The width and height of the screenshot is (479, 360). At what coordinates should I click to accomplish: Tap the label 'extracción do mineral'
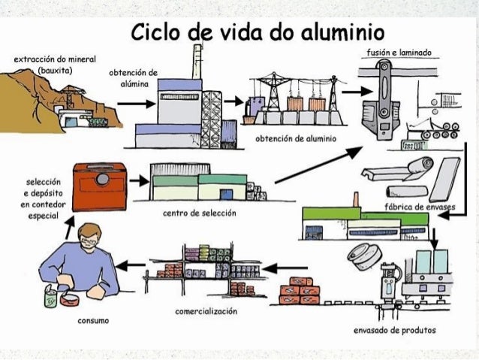51,59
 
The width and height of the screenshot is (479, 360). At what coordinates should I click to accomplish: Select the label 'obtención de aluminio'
296,139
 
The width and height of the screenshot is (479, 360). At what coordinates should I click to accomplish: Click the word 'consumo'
94,320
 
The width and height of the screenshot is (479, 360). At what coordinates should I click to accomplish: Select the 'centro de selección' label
199,213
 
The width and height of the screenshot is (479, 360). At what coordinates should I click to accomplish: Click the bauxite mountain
60,98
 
